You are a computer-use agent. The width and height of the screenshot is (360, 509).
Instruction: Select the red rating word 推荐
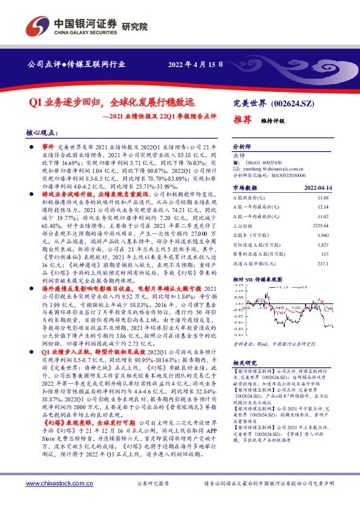(x=243, y=120)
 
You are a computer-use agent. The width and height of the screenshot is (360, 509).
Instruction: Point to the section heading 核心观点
(x=41, y=132)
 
